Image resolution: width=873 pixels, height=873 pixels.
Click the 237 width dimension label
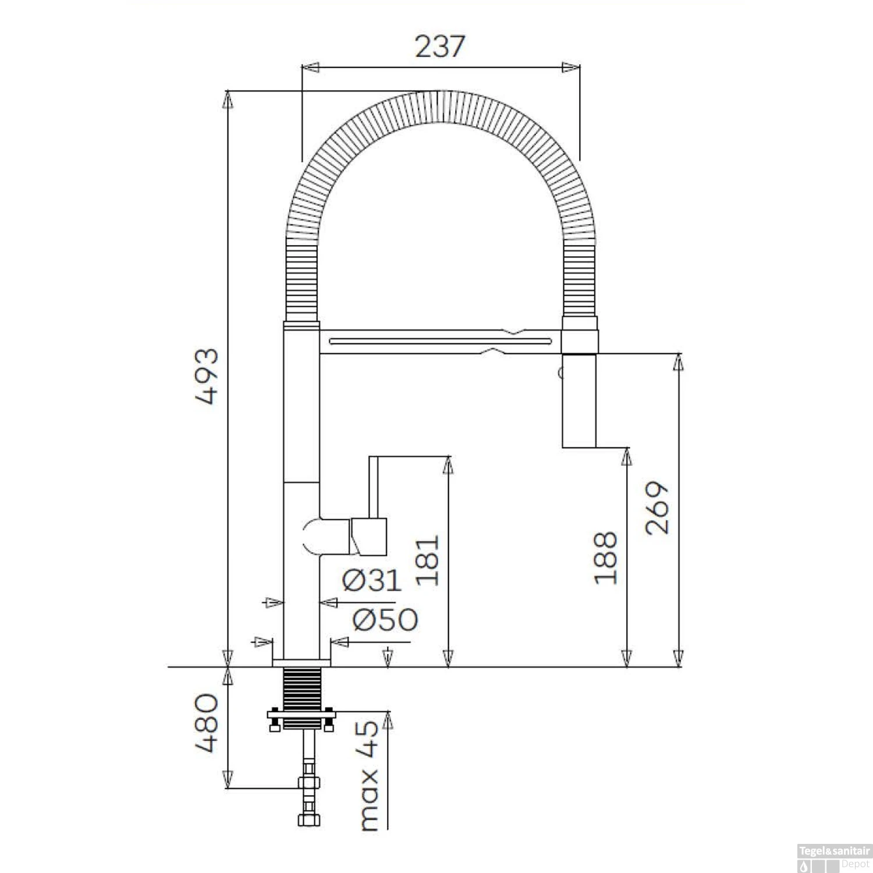[x=440, y=47]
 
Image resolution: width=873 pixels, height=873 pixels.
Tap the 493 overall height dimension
[x=207, y=376]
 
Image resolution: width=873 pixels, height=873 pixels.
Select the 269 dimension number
[x=658, y=508]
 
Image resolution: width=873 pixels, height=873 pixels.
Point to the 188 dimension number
[x=605, y=558]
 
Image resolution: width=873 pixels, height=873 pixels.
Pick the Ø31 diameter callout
[x=372, y=580]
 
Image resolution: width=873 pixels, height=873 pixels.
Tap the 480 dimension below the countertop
[x=207, y=722]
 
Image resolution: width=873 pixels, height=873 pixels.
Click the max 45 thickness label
[x=369, y=775]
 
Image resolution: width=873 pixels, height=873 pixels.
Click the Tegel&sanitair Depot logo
[x=834, y=857]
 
